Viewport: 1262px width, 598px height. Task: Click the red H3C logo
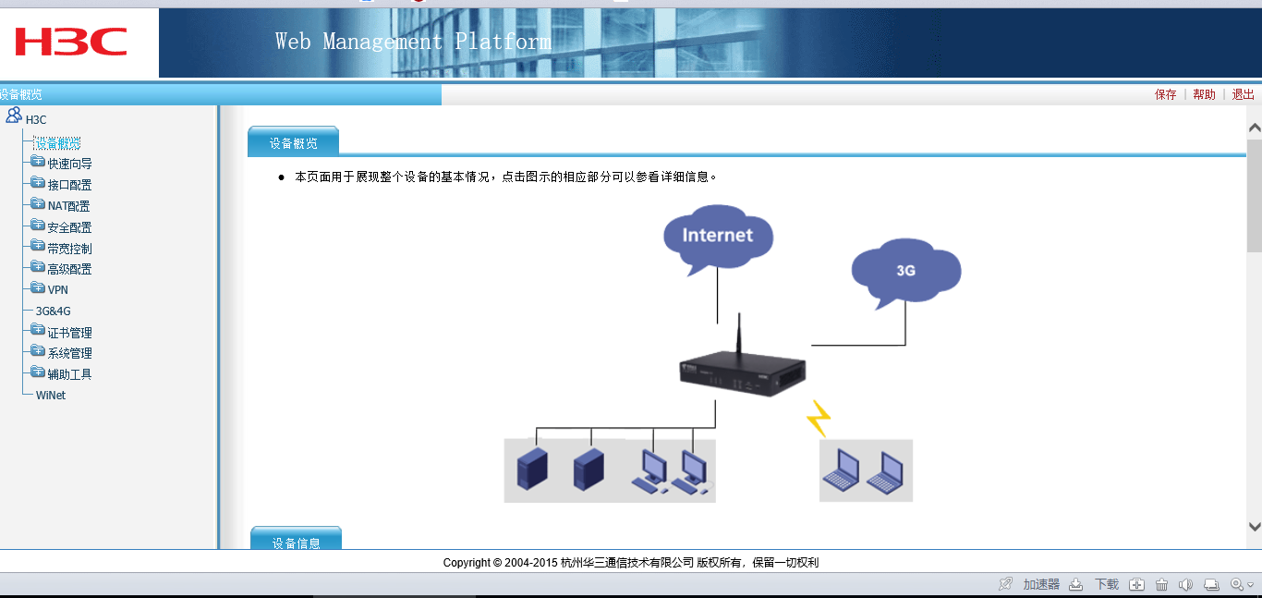tap(71, 42)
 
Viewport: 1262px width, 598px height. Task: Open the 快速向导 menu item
tap(69, 164)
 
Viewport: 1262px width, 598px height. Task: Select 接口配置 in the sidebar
tap(69, 185)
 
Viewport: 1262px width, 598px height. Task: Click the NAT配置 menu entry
tap(68, 206)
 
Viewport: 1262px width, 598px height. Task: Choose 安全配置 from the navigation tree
tap(69, 227)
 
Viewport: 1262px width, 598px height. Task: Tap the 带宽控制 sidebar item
tap(69, 249)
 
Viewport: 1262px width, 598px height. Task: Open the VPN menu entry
tap(57, 289)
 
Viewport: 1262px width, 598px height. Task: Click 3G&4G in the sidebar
tap(53, 311)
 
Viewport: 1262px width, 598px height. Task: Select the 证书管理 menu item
tap(69, 333)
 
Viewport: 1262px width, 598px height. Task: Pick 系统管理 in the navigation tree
tap(69, 353)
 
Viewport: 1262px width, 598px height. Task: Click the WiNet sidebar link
tap(51, 395)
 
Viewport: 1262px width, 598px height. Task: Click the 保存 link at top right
tap(1166, 94)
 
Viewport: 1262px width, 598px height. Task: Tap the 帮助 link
tap(1205, 94)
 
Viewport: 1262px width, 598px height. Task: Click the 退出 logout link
tap(1244, 94)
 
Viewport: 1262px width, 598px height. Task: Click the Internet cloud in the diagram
tap(718, 236)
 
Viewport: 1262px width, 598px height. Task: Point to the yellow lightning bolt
tap(818, 418)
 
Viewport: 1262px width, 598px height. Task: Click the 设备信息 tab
tap(296, 543)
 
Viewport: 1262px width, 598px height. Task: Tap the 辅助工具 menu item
tap(69, 374)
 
